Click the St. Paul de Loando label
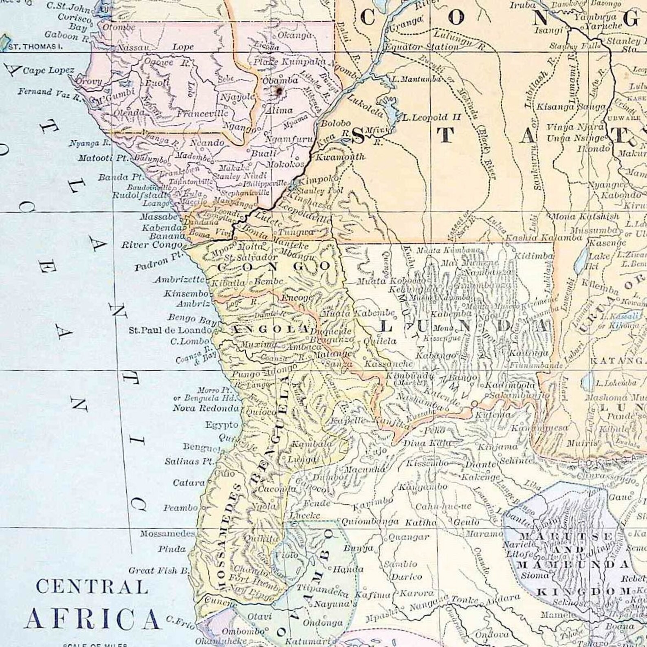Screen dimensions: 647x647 click(170, 330)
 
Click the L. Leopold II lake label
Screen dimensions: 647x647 click(431, 118)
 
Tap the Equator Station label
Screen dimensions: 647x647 click(422, 47)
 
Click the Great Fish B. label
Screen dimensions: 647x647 click(159, 570)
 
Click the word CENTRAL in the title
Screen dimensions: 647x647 click(92, 587)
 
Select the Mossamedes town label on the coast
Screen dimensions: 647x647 click(167, 533)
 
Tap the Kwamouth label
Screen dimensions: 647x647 click(340, 156)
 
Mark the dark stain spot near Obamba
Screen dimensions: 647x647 click(279, 92)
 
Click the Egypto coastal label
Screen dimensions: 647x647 click(222, 425)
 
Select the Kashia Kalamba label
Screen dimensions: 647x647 click(544, 238)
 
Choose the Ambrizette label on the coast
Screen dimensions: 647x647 click(180, 280)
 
